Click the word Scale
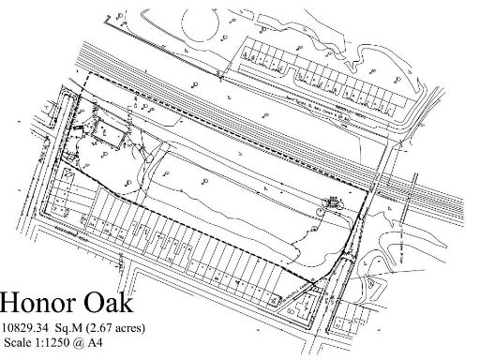point(21,342)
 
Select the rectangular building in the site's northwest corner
point(106,137)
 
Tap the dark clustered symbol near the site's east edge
point(332,201)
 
